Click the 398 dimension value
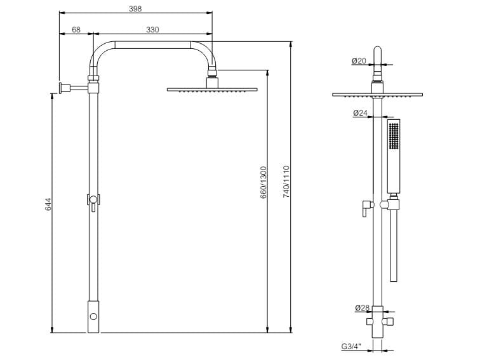click(135, 9)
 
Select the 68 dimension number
click(76, 30)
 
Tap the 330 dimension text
click(152, 30)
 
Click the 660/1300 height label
click(263, 184)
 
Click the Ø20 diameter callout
click(359, 61)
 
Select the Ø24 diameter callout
click(360, 114)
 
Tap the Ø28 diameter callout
click(362, 308)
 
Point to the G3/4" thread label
click(351, 347)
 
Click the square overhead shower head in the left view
click(213, 90)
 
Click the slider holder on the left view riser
click(93, 201)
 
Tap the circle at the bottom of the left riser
click(94, 316)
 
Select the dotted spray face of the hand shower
click(394, 137)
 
